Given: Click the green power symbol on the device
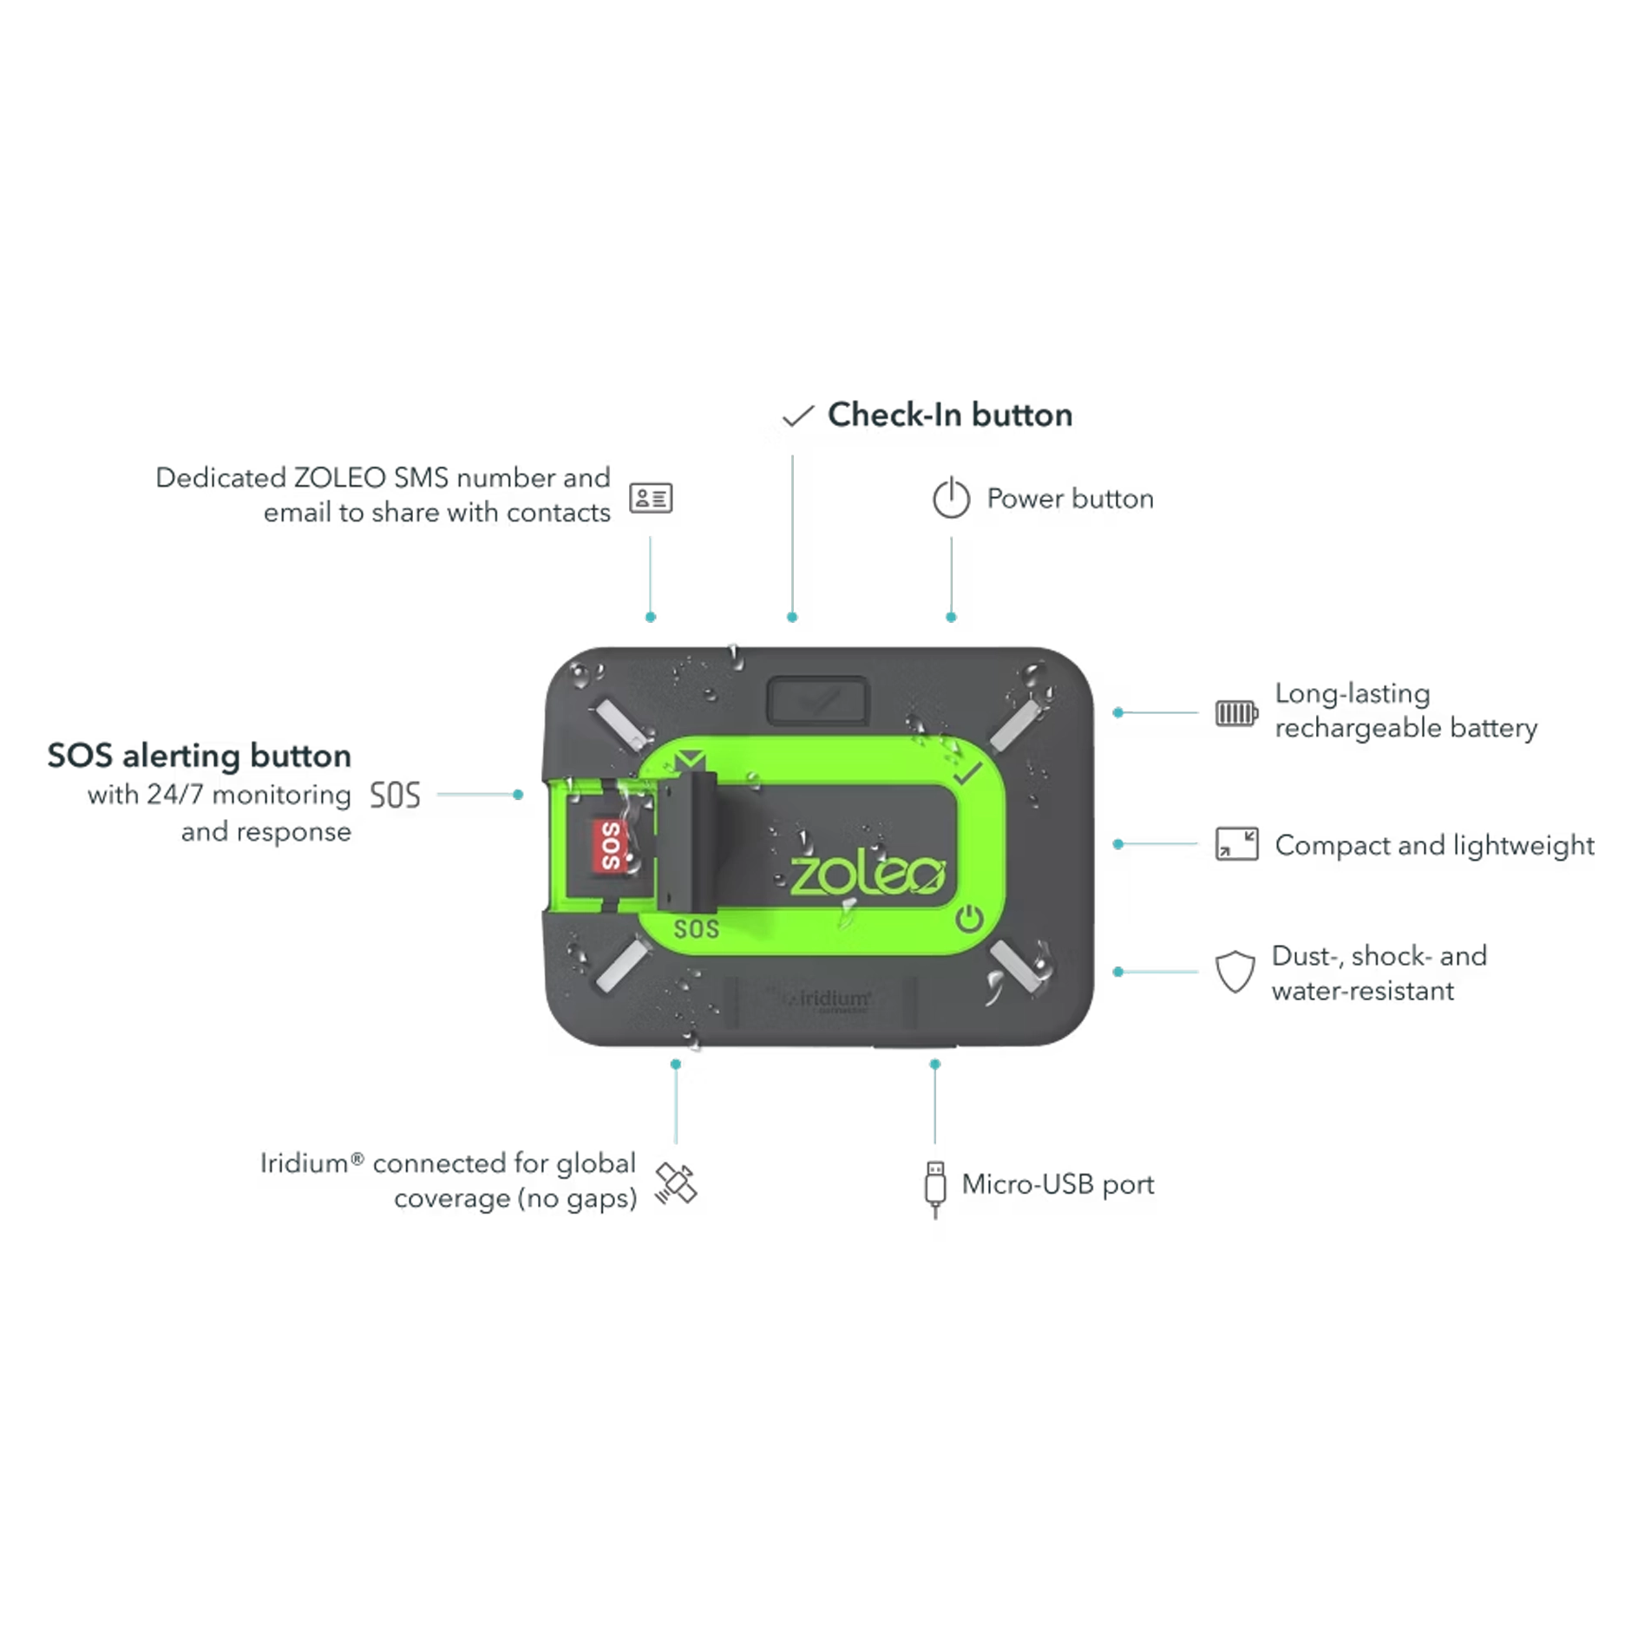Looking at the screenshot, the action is (969, 919).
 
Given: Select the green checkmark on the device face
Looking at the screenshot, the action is (966, 771).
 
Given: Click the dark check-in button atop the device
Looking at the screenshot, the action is (817, 700).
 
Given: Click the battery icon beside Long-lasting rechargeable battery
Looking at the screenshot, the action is (1236, 713).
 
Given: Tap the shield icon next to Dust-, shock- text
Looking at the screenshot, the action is (1235, 972).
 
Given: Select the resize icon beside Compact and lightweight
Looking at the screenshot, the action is (1236, 844).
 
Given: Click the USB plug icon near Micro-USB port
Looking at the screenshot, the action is (934, 1189).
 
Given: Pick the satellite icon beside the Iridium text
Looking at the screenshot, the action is (676, 1183).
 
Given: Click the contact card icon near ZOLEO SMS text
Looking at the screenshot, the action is (651, 498).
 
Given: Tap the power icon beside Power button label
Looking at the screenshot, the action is (951, 497).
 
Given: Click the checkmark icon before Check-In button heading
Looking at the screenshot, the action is (798, 416).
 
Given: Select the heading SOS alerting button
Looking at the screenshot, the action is (200, 756).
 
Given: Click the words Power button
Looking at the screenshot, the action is (1071, 499).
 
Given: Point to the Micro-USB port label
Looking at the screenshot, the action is (1058, 1184).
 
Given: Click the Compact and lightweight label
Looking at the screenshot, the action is (1435, 845).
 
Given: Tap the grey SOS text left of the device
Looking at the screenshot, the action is (395, 795).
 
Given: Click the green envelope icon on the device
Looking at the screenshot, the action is (690, 761).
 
